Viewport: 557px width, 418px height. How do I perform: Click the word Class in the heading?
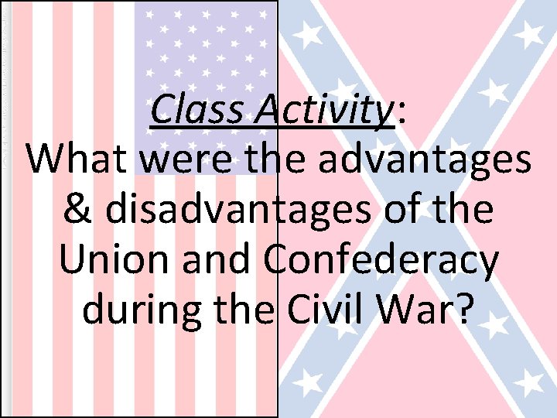[197, 111]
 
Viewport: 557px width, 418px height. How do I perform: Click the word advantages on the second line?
[434, 160]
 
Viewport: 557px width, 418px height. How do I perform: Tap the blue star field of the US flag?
[206, 46]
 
